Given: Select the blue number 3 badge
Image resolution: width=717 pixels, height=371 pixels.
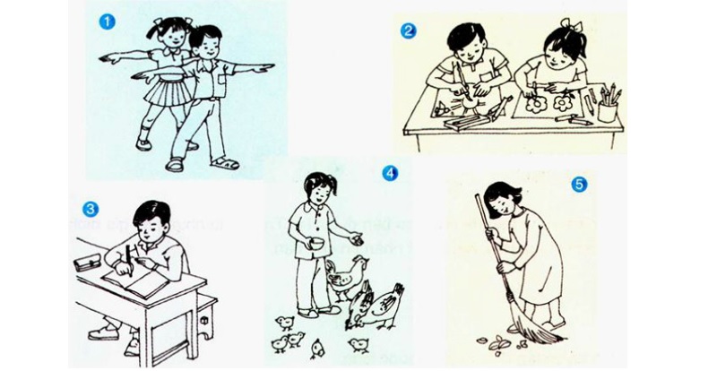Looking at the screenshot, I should (x=90, y=209).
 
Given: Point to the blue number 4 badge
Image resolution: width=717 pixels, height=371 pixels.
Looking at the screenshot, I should (x=389, y=172).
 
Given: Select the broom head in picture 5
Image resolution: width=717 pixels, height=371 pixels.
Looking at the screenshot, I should (x=540, y=331).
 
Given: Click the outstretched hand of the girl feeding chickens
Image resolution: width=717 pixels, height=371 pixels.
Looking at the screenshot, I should (x=357, y=239).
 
